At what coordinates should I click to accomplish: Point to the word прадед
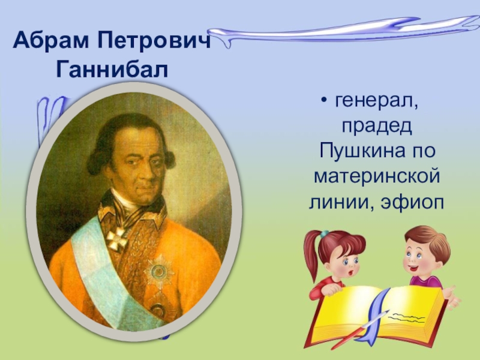(376, 127)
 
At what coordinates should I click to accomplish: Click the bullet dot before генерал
(324, 103)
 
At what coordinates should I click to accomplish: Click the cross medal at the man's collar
(116, 238)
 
